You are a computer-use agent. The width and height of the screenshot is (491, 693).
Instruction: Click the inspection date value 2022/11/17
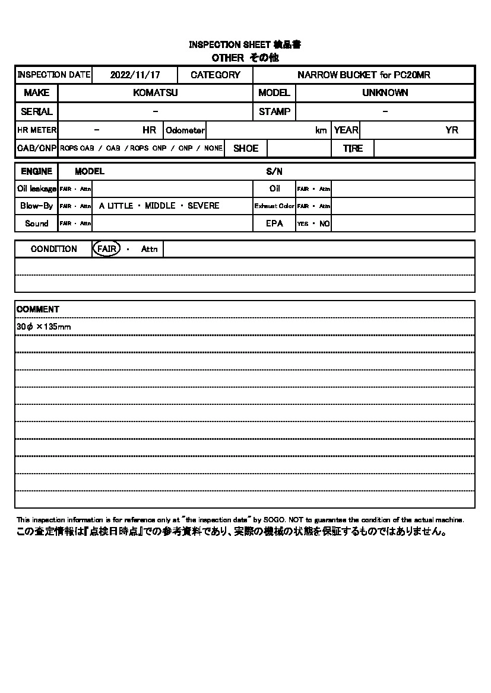pos(135,75)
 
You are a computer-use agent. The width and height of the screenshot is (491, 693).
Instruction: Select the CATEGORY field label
pos(216,75)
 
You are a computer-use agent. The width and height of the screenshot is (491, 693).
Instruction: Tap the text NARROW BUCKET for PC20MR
pos(364,75)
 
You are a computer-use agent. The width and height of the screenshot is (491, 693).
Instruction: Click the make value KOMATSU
pos(156,93)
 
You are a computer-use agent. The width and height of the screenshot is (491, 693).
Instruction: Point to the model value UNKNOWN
pos(385,93)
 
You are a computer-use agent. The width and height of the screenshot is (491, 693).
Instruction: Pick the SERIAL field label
pos(37,111)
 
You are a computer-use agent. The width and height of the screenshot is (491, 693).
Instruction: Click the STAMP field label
pos(274,111)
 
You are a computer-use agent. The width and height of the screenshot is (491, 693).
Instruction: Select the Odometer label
pos(185,130)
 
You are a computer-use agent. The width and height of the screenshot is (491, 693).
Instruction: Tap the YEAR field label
pos(346,130)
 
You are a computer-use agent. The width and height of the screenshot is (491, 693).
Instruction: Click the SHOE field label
pos(246,149)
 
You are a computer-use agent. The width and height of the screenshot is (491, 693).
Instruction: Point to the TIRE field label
pos(353,149)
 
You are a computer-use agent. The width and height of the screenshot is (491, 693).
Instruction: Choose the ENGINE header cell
pos(37,171)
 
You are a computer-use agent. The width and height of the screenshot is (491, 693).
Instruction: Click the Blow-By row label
pos(37,206)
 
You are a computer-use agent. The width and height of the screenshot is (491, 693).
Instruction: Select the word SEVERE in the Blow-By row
pos(203,206)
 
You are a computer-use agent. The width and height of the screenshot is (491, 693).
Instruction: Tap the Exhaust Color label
pos(274,206)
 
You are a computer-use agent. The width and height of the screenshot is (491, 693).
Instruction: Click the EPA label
pos(274,223)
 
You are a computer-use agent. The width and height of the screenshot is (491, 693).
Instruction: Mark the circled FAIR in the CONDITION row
pos(106,249)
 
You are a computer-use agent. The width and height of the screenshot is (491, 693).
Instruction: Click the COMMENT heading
pos(38,309)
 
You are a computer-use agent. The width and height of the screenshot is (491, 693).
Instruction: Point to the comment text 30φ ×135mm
pos(44,327)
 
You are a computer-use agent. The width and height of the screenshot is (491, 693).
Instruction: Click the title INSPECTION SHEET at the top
pos(230,45)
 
